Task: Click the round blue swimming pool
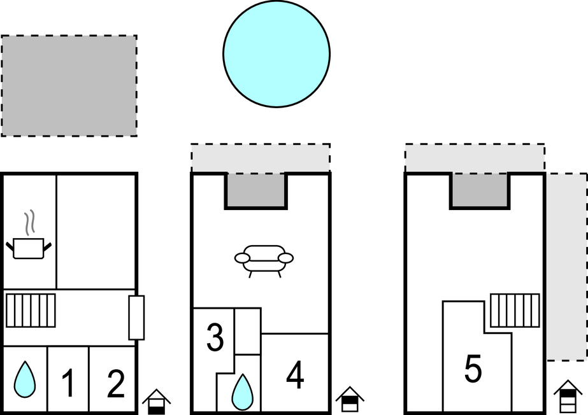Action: coord(276,54)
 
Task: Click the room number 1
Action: coord(68,383)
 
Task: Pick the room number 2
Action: coord(115,383)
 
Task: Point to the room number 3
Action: coord(215,337)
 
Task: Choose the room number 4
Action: coord(295,374)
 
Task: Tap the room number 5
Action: coord(473,369)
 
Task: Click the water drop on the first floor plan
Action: coord(25,379)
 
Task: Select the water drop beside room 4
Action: coord(242,391)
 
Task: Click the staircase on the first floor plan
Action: coord(31,311)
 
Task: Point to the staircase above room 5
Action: coord(515,311)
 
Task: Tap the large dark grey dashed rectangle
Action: coord(69,86)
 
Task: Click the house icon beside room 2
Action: coord(156,402)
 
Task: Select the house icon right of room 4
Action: coord(350,399)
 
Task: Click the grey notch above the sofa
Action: coord(256,190)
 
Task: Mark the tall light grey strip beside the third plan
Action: coord(566,267)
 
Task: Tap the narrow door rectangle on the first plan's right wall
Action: coord(136,318)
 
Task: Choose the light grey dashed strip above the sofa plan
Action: coord(261,158)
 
